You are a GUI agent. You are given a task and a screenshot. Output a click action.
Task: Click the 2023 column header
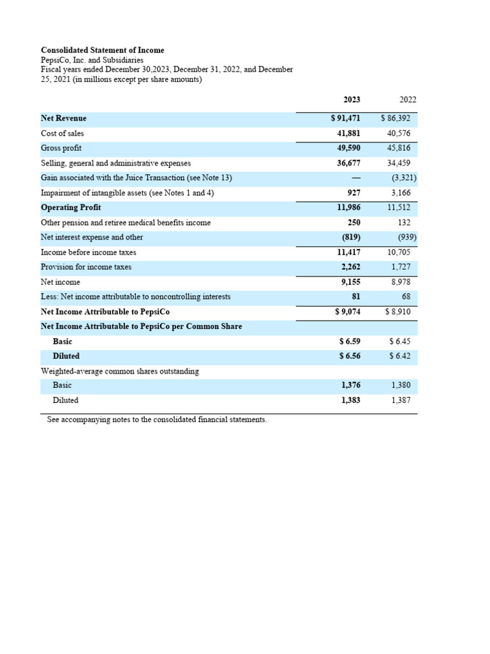352,100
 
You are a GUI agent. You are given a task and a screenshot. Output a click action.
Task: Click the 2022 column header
408,100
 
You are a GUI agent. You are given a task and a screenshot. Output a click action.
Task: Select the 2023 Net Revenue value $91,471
345,119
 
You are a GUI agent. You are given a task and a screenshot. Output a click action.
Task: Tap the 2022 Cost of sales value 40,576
399,133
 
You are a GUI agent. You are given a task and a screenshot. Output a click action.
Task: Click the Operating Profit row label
71,208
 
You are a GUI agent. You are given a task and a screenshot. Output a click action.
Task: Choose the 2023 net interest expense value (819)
351,238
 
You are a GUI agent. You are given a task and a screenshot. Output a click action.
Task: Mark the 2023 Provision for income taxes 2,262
350,267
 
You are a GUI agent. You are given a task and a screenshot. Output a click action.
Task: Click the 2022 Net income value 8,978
401,282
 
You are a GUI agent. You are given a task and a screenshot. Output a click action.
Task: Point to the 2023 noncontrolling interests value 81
356,297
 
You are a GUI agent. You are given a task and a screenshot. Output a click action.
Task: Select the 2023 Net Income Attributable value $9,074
348,312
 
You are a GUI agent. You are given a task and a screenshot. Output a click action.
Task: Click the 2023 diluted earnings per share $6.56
350,356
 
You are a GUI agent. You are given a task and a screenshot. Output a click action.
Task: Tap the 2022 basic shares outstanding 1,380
401,385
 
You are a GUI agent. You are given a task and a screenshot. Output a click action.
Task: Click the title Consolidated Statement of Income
103,50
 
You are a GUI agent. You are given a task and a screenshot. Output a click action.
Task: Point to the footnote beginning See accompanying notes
157,420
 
